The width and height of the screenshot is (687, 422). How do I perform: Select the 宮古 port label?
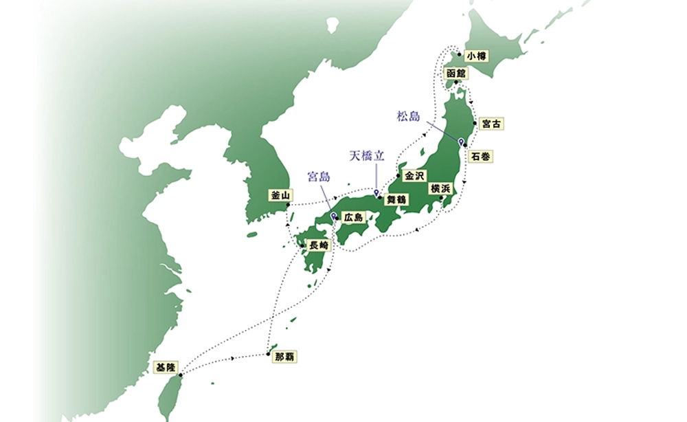point(491,124)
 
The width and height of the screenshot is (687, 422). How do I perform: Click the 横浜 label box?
point(440,188)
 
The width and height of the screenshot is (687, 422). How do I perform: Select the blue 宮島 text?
point(319,177)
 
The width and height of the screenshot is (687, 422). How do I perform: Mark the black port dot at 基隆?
point(181,375)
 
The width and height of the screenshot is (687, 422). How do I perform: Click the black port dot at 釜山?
point(288,205)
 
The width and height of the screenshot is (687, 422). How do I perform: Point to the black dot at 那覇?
point(268,355)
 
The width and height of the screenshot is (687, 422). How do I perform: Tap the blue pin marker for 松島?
point(462,142)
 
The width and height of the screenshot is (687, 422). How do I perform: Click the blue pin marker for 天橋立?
point(376,182)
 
